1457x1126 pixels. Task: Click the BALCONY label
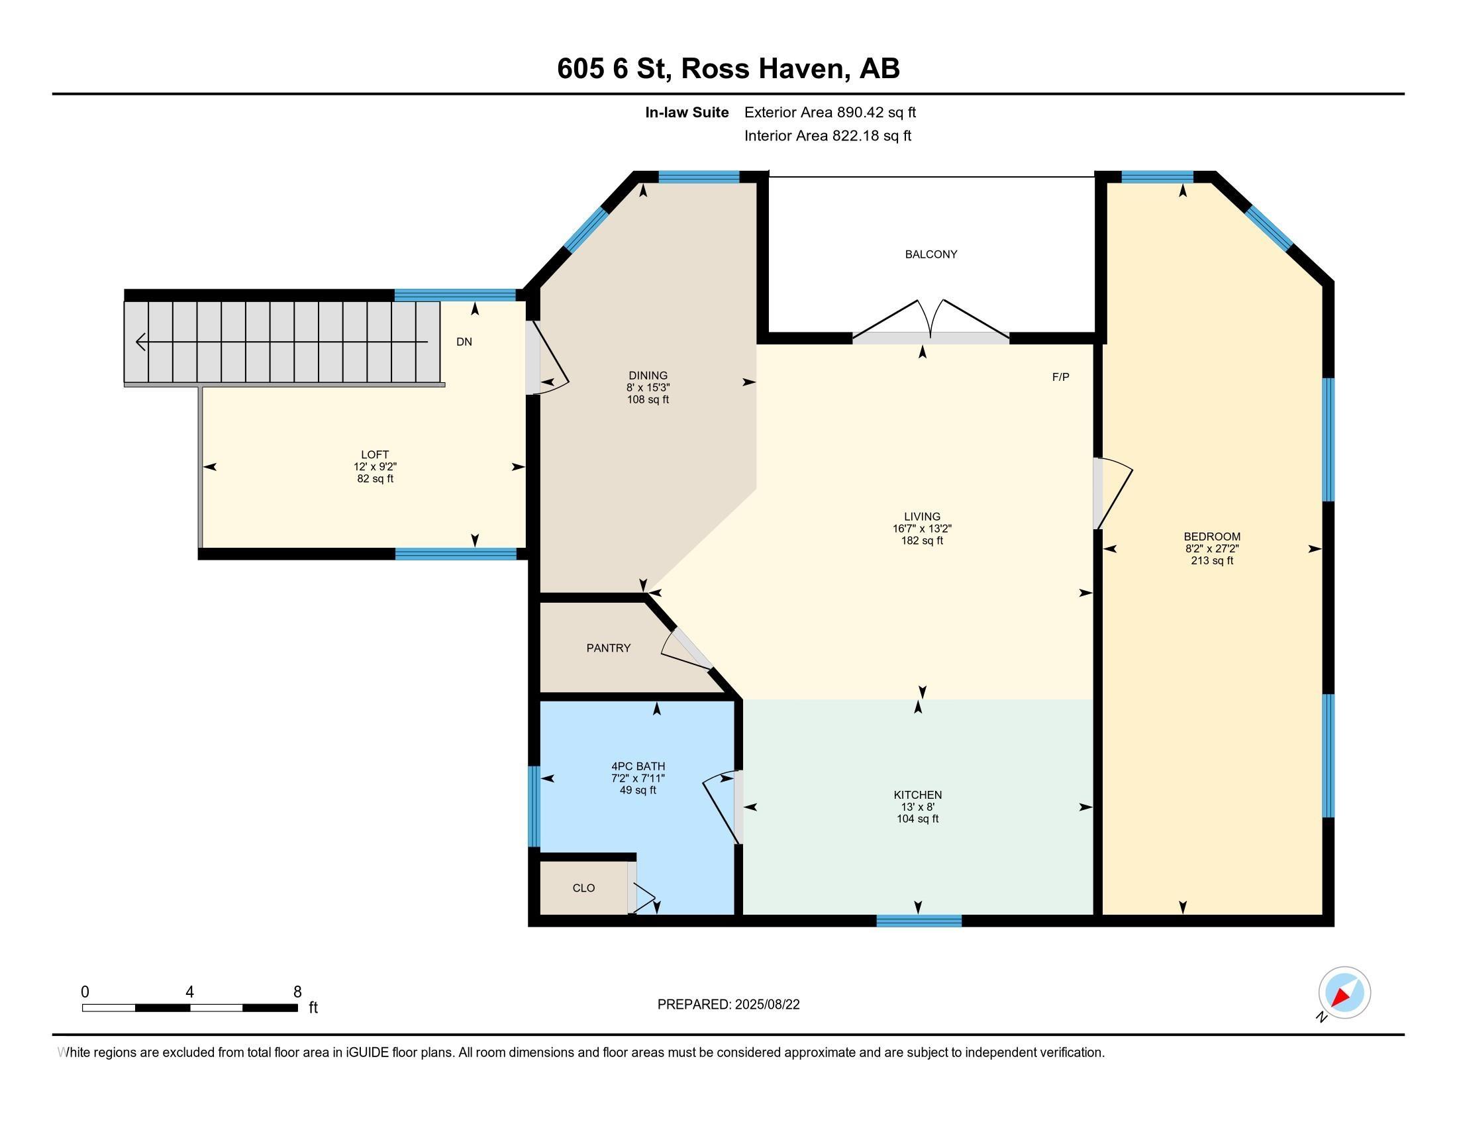(x=930, y=254)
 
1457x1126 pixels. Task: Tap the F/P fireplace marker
(x=1061, y=377)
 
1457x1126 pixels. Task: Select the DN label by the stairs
(x=464, y=342)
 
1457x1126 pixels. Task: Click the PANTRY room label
(x=609, y=648)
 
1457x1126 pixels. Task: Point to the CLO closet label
(x=583, y=888)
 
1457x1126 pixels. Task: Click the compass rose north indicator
(x=1344, y=993)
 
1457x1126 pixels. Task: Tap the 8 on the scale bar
(x=297, y=992)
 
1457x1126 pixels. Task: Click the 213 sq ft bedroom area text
(x=1212, y=561)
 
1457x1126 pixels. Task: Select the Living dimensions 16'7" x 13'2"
(x=922, y=529)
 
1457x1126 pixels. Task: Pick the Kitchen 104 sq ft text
(x=917, y=819)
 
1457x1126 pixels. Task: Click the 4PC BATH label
(x=638, y=766)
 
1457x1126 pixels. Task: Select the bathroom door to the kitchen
(x=721, y=807)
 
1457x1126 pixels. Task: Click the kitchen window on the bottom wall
(x=919, y=921)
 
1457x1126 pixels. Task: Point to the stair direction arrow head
(x=141, y=342)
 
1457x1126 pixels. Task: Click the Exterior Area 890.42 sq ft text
(x=830, y=113)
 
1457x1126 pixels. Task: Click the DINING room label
(x=648, y=376)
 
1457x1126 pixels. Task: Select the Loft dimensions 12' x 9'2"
(x=375, y=467)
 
